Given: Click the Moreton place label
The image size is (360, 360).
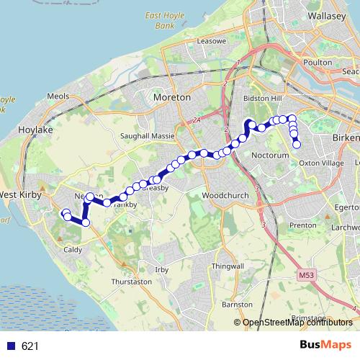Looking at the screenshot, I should (x=173, y=96).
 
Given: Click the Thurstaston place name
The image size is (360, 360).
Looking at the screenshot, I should (x=130, y=282).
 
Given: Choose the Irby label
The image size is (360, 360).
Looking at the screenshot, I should (x=162, y=269).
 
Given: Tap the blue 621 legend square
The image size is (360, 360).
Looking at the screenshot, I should (x=10, y=346).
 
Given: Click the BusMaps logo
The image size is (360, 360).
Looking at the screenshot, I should (x=326, y=346).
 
